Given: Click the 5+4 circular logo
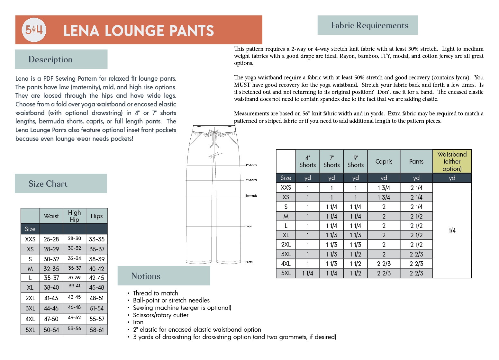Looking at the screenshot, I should [34, 30].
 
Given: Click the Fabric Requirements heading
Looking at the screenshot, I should [370, 25].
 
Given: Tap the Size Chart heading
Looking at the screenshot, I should [48, 184].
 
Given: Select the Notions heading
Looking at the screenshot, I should [146, 276].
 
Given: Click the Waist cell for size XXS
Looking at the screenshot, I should [51, 239].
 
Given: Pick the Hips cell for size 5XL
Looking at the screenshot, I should [97, 330].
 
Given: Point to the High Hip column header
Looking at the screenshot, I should [74, 216].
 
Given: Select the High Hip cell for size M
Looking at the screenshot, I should [74, 268].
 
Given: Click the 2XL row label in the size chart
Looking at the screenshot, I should [30, 298].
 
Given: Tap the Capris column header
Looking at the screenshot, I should [384, 161].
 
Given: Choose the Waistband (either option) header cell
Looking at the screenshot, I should [452, 161].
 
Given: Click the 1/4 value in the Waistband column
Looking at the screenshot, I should [452, 230].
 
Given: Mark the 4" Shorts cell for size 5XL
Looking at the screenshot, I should [308, 273].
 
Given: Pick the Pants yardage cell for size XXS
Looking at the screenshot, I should [416, 188].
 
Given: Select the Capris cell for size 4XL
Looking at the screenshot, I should [384, 264].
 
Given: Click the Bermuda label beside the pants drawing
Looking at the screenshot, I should [251, 196].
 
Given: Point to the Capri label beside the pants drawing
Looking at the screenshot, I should [249, 226].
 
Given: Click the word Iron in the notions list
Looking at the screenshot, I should [138, 322].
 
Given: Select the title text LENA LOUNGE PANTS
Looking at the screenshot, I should [139, 31].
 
